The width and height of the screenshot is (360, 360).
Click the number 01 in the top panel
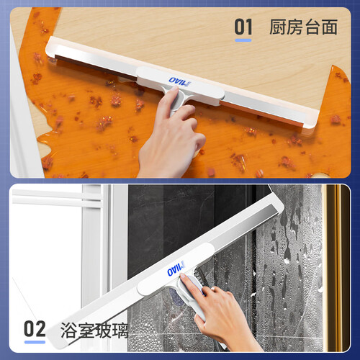(243, 27)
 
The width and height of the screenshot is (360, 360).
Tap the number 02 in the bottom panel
(35, 329)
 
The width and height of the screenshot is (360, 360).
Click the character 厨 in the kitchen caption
(278, 27)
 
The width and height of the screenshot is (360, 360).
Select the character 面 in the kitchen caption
(330, 27)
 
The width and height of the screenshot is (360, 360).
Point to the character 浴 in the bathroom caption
(68, 330)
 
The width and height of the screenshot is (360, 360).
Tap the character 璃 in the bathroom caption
(120, 330)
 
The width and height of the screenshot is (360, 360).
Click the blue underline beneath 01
(243, 40)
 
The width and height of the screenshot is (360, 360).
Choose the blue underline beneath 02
(35, 342)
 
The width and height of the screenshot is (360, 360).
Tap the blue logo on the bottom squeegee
(176, 269)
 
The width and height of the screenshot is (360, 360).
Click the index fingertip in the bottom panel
(183, 276)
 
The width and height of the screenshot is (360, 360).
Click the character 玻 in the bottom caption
(103, 330)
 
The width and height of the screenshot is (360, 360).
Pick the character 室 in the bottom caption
(86, 330)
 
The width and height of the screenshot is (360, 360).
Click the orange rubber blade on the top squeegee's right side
(261, 114)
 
